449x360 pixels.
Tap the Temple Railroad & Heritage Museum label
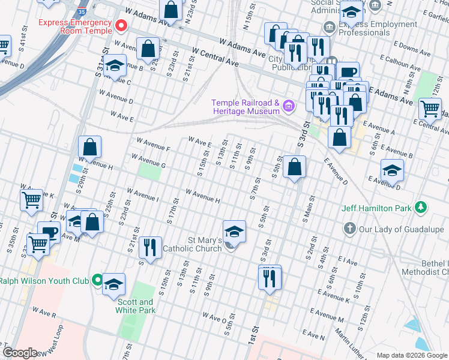pos(245,107)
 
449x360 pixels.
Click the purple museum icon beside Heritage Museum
pos(289,107)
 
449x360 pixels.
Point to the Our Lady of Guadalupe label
pos(394,229)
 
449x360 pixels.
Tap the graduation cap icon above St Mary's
pos(234,232)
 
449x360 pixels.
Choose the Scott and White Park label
pos(137,306)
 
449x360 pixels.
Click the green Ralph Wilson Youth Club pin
pos(96,280)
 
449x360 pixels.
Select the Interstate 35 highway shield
pos(82,11)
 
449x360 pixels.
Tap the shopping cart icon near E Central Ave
pos(430,109)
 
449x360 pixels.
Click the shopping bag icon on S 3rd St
pos(294,167)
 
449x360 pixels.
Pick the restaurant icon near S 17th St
pos(149,247)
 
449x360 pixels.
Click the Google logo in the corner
pos(20,353)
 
